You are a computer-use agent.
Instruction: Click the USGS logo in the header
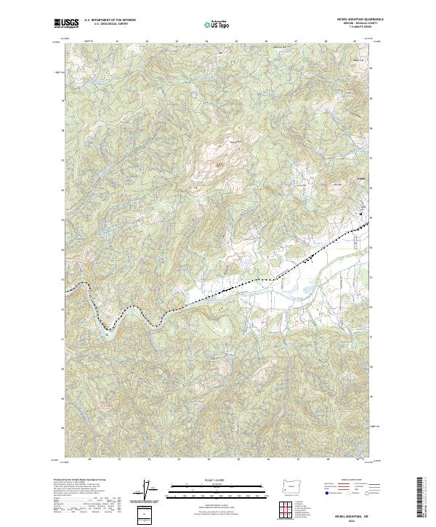point(68,23)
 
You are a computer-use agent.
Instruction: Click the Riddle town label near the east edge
point(360,177)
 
